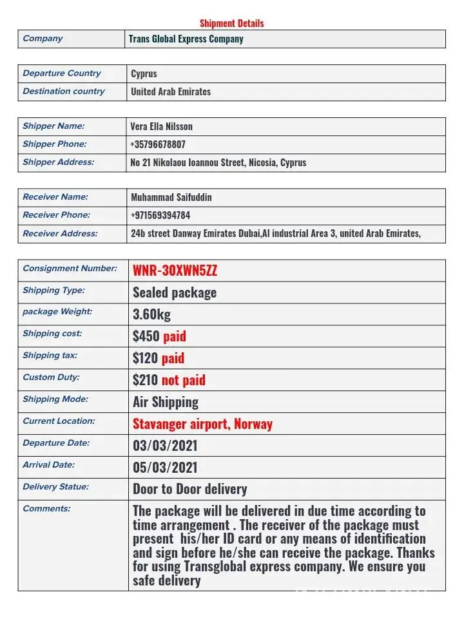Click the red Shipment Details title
click(x=231, y=23)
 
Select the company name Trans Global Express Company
click(x=186, y=39)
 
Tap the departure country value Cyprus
click(x=144, y=73)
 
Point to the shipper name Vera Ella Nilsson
click(x=161, y=126)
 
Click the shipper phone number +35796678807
click(x=158, y=144)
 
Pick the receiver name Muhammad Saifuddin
click(x=171, y=197)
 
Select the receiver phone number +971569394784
click(x=160, y=215)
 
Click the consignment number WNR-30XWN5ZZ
click(x=175, y=270)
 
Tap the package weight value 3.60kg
click(x=151, y=314)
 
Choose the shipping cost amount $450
click(x=146, y=336)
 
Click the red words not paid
click(x=184, y=380)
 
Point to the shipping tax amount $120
click(x=145, y=358)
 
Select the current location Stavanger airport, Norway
click(x=202, y=424)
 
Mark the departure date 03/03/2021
click(x=165, y=446)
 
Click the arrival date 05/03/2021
click(x=165, y=468)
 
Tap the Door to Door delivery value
click(x=189, y=489)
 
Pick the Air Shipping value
click(x=166, y=402)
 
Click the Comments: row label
click(x=46, y=509)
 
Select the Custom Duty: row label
click(x=51, y=377)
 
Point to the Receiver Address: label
click(x=60, y=234)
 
